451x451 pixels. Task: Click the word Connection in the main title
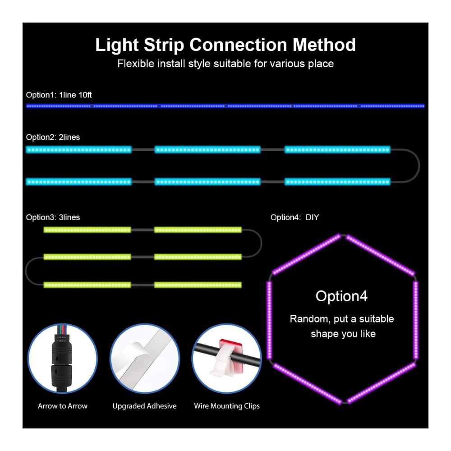tap(238, 45)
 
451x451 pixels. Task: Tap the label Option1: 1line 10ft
tap(59, 95)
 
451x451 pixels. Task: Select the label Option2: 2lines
tap(53, 137)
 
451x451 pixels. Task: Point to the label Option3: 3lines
tap(53, 217)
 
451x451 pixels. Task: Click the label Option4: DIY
tap(295, 217)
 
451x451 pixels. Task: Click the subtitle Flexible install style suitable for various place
tap(225, 64)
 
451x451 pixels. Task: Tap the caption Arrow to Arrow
tap(63, 406)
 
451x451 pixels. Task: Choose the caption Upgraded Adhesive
tap(144, 406)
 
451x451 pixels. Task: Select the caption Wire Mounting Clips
tap(227, 406)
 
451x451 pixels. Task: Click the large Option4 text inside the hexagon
tap(341, 296)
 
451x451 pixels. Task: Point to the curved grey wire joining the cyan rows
tap(419, 166)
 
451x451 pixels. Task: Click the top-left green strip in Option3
tap(87, 230)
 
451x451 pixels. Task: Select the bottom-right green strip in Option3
tap(198, 285)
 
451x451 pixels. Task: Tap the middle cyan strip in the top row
tap(207, 150)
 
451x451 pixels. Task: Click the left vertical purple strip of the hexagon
tap(270, 320)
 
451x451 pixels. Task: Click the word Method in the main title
tap(324, 45)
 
